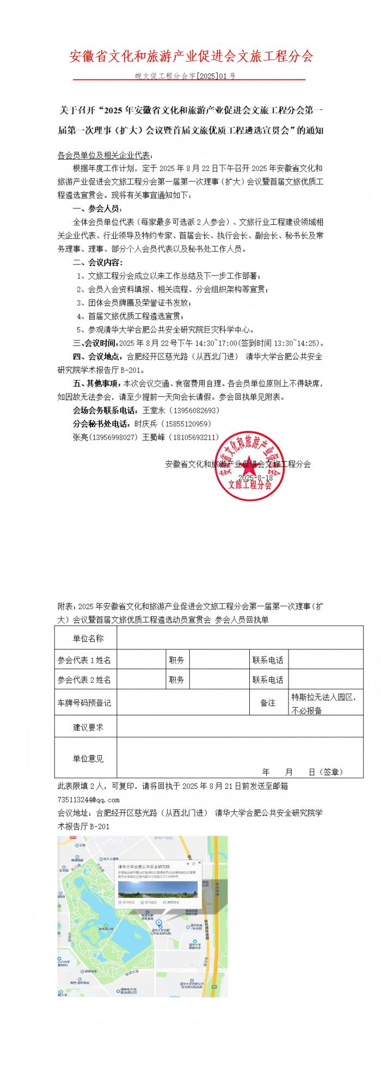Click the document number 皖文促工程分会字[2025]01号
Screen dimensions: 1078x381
(x=186, y=76)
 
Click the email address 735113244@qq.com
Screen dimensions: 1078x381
(x=88, y=800)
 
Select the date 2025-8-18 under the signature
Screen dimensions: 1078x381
(x=255, y=477)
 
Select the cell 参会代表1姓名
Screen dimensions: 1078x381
(x=84, y=660)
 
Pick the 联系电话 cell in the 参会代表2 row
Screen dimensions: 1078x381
(x=267, y=679)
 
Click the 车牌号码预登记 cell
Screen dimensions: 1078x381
(x=84, y=703)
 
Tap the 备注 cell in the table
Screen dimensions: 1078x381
(x=267, y=703)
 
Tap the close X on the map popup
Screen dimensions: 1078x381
(x=200, y=863)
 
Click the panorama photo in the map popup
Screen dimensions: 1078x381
(x=157, y=889)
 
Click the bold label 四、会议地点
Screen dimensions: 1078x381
(x=97, y=357)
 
